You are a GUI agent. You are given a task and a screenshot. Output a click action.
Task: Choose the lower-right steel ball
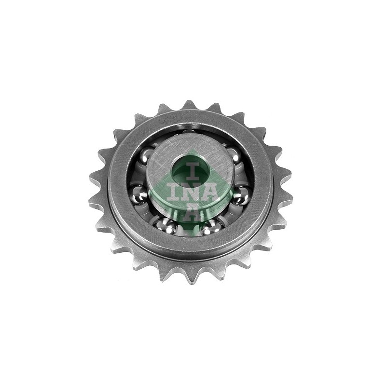tap(211, 227)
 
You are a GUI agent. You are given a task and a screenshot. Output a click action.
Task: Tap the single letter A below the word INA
tap(190, 211)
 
